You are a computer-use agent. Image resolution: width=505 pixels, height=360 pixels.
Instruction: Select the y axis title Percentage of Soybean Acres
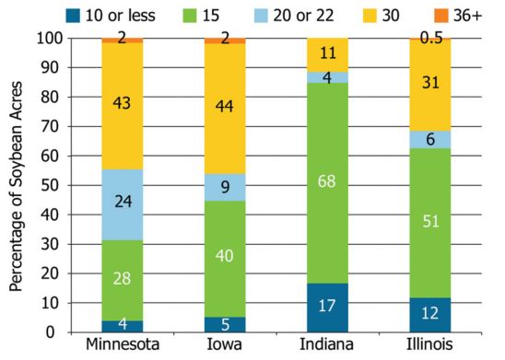pyautogui.click(x=16, y=185)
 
